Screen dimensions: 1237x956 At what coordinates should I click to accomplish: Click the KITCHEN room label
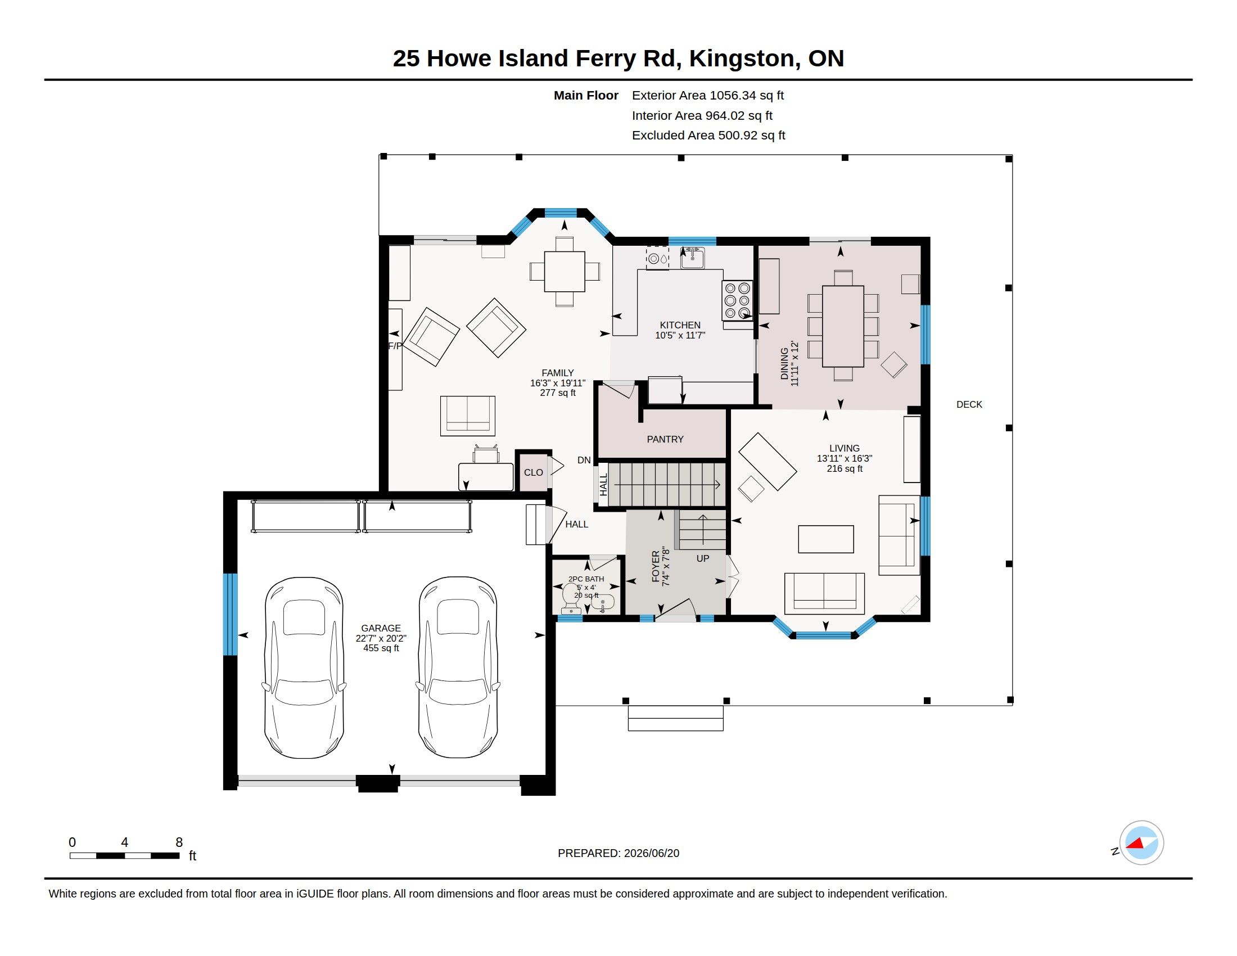point(680,325)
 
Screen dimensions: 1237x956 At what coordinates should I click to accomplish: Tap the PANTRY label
point(665,439)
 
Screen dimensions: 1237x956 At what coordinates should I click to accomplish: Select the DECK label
point(969,404)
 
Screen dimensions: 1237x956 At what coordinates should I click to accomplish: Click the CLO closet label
point(533,472)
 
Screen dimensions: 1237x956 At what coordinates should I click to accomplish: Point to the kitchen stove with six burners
point(738,301)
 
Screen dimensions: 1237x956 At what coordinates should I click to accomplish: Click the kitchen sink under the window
point(692,258)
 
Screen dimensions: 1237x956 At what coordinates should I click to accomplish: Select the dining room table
point(843,326)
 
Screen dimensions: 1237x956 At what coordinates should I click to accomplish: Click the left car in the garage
point(304,667)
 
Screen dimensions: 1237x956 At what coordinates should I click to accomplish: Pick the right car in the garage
point(458,667)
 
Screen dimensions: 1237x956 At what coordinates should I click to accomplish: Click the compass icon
point(1141,843)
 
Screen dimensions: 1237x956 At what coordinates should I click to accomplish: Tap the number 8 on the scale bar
point(179,842)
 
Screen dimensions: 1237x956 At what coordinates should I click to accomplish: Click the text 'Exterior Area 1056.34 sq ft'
point(707,95)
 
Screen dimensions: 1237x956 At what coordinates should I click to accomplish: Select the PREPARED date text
point(618,853)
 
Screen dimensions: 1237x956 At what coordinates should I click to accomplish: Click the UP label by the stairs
point(702,558)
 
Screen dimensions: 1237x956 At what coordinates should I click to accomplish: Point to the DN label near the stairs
point(584,460)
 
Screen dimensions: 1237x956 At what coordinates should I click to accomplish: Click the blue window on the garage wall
point(230,614)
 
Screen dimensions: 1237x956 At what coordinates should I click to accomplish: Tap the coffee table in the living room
point(826,539)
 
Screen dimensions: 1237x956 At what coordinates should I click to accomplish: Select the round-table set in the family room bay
point(564,272)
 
